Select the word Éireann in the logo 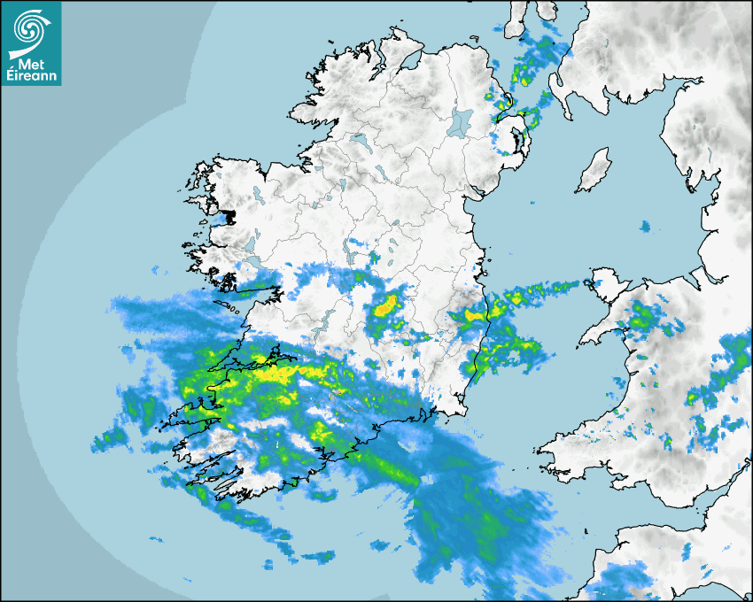[32, 78]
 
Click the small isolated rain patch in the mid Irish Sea [645, 227]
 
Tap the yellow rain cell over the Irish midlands [385, 307]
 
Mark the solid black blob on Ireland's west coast [229, 215]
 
